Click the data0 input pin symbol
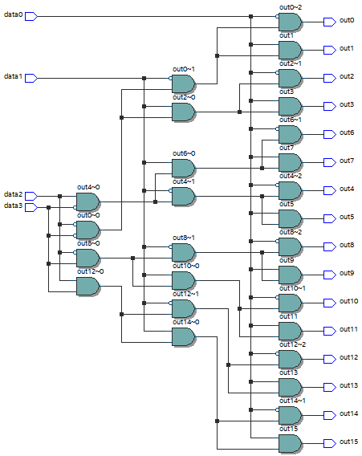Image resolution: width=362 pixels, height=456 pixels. pos(31,17)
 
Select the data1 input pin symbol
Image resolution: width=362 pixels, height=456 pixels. pos(31,78)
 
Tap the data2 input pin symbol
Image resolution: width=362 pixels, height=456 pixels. pos(31,197)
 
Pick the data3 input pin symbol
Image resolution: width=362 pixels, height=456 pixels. pos(31,207)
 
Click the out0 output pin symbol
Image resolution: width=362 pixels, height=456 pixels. pos(330,22)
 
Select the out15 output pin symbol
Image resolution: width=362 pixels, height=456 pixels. pos(330,443)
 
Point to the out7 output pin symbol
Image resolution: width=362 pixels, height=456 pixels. pos(330,162)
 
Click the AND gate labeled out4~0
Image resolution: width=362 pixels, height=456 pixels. pos(87,202)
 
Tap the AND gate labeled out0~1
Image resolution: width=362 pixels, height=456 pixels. pos(184,83)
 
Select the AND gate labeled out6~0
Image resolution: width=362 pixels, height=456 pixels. pos(184,168)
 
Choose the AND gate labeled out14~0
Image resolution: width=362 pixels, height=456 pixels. pos(184,336)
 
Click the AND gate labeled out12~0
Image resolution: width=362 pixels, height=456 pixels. pos(87,286)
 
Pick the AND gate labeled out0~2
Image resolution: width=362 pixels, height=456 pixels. pos(291,22)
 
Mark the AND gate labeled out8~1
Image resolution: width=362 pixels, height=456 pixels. pos(184,252)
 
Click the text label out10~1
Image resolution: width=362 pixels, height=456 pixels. pos(292,288)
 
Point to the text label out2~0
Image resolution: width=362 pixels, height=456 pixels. pos(184,97)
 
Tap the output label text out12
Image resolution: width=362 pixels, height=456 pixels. pos(348,357)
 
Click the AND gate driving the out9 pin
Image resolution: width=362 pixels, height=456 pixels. pos(291,275)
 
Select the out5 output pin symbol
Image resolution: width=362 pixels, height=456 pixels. pos(330,218)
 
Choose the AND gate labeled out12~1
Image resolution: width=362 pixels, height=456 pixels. pos(184,308)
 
